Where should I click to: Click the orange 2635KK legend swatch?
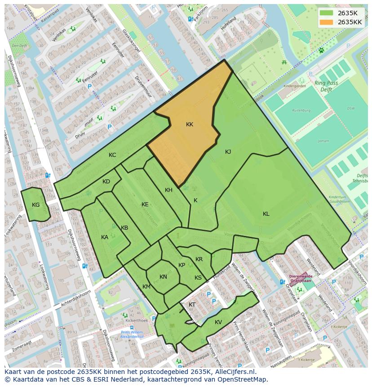(x=327, y=22)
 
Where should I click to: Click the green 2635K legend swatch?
(x=327, y=13)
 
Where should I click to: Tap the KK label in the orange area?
(x=190, y=125)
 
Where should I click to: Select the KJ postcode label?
(x=228, y=152)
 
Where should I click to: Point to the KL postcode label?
(x=266, y=214)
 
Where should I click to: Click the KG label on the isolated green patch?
(x=36, y=205)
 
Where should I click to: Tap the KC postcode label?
(x=112, y=155)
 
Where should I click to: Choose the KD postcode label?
(x=106, y=182)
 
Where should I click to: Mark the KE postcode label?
(x=145, y=205)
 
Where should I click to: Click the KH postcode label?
(x=168, y=190)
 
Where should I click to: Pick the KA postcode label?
(x=105, y=237)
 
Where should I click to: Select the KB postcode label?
(x=124, y=228)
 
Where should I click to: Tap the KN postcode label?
(x=163, y=277)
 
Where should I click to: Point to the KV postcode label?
(x=218, y=322)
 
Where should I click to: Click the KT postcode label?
(x=192, y=305)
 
